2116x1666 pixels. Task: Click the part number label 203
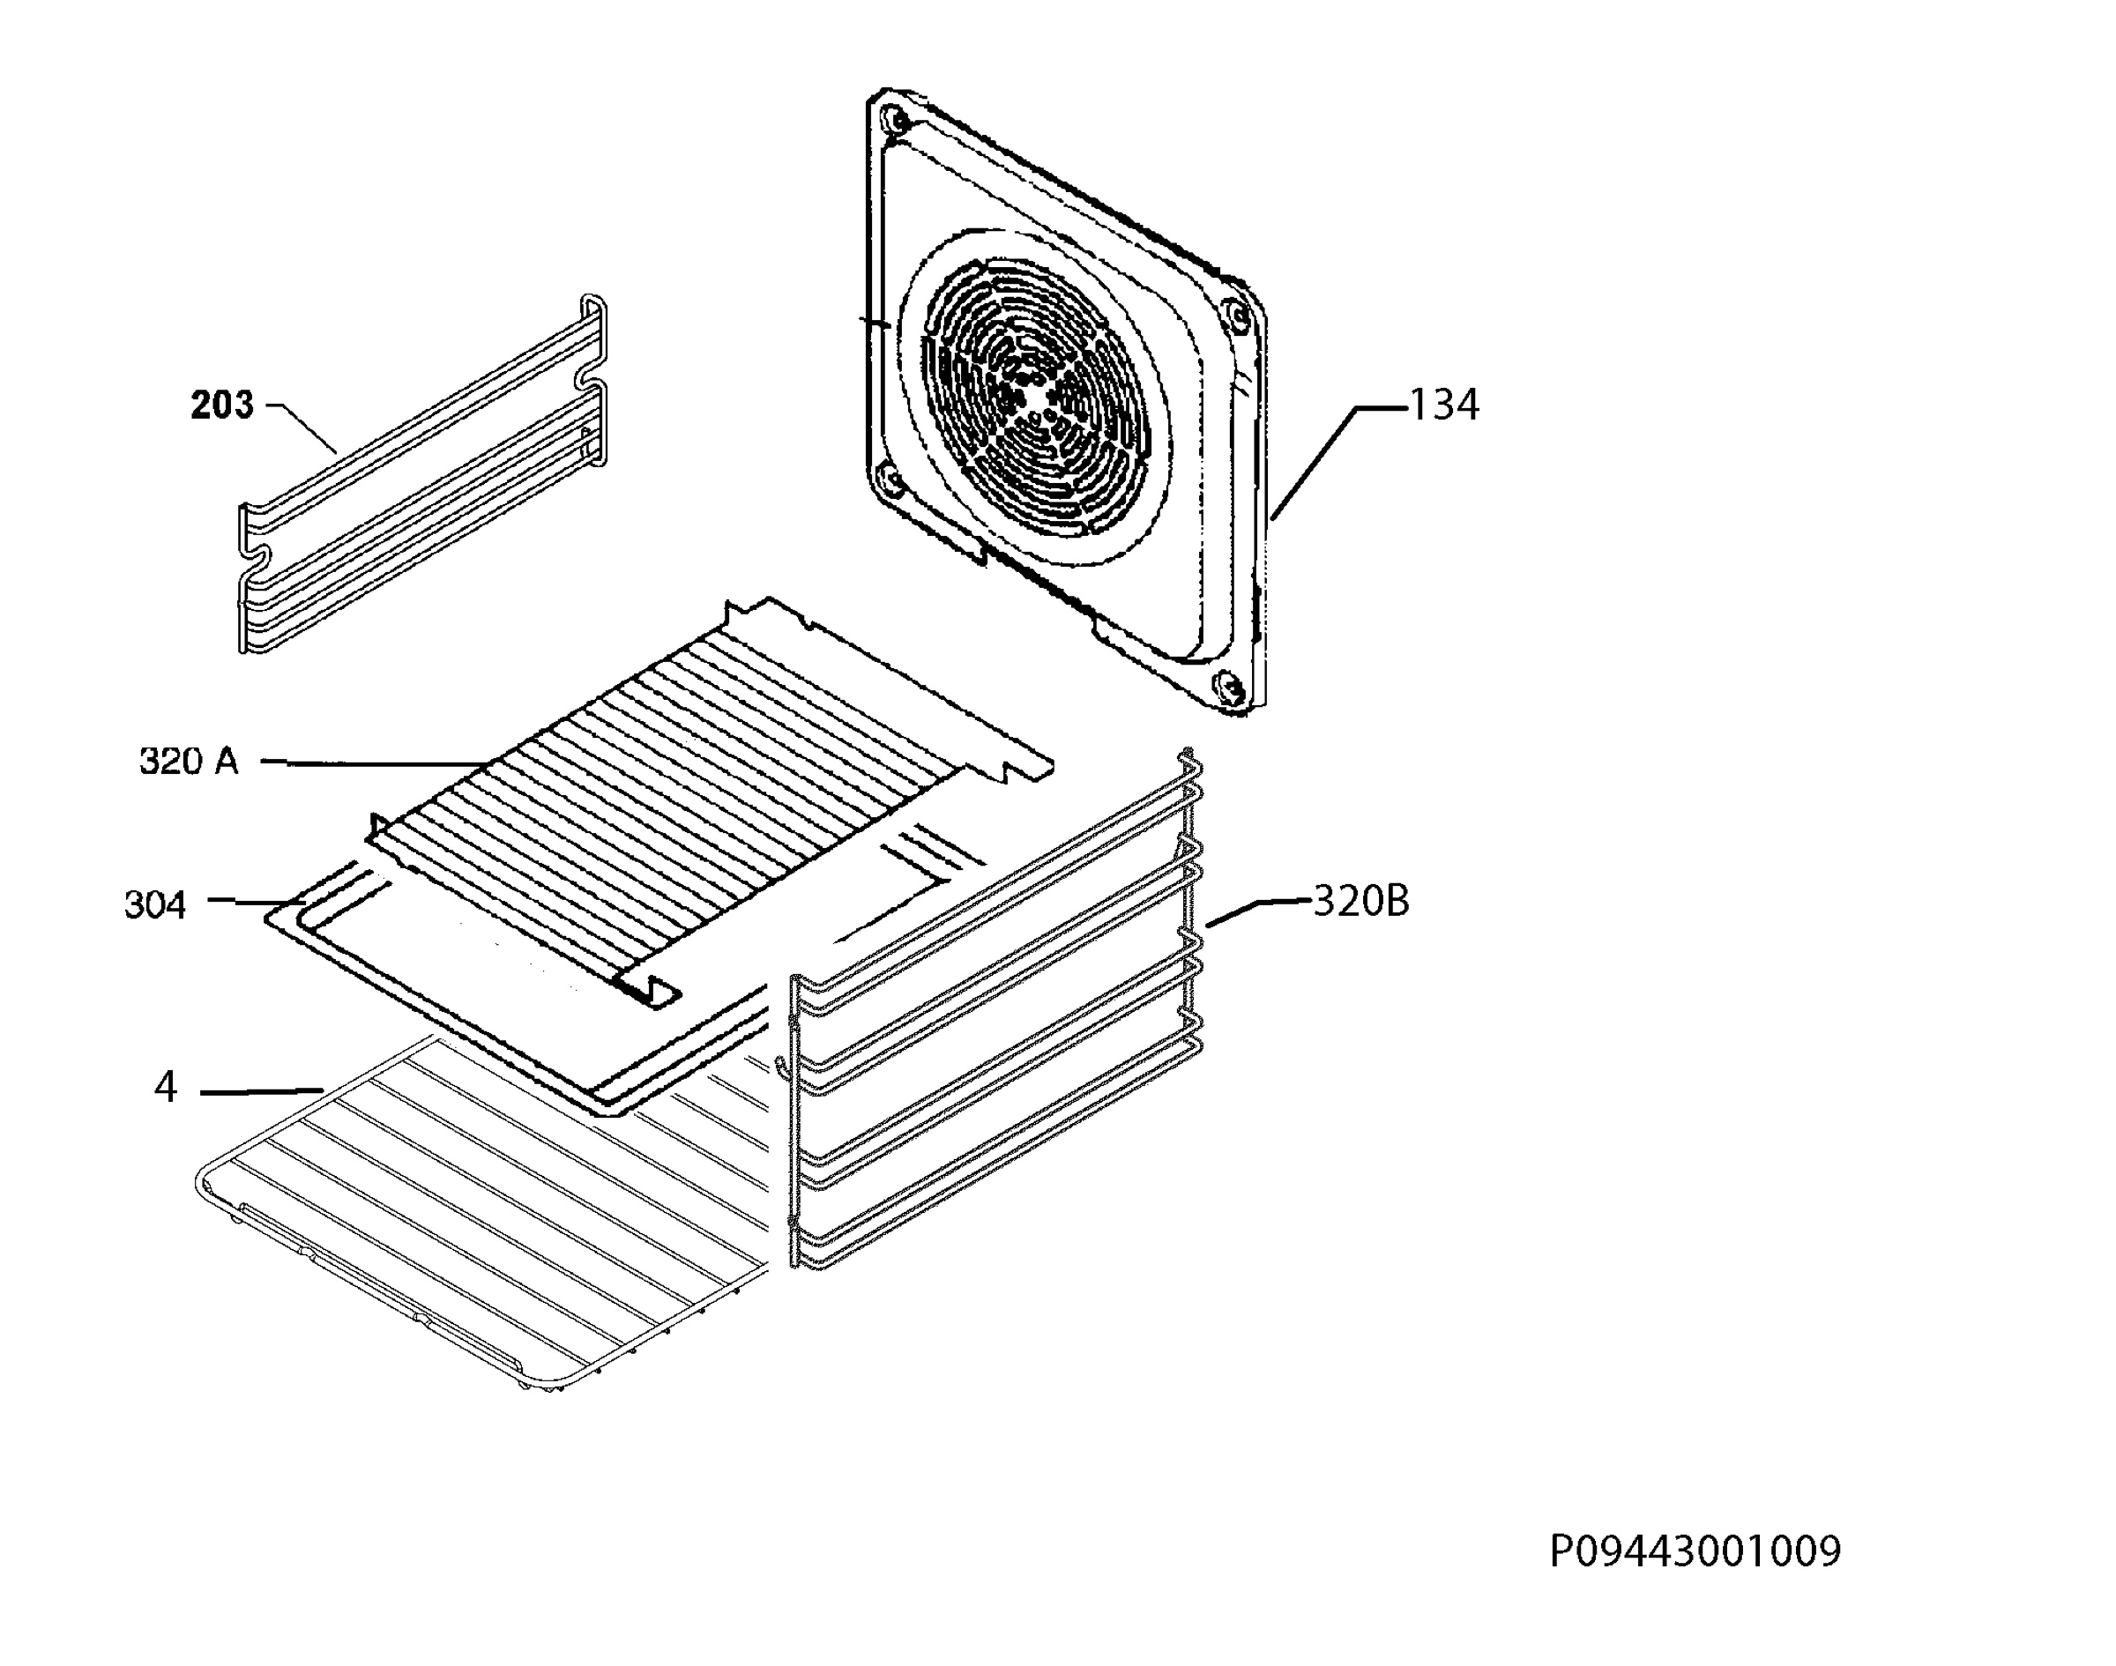221,405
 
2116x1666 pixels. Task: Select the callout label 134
1444,404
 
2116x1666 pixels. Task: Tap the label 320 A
189,761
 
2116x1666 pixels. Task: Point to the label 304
154,905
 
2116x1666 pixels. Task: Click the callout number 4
166,1087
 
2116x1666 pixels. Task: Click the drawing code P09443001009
1695,1551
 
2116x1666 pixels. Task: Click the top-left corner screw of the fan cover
894,121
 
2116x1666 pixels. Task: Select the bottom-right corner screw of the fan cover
1229,688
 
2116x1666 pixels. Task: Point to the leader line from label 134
1339,458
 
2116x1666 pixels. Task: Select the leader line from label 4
262,1090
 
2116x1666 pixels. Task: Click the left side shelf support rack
423,473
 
